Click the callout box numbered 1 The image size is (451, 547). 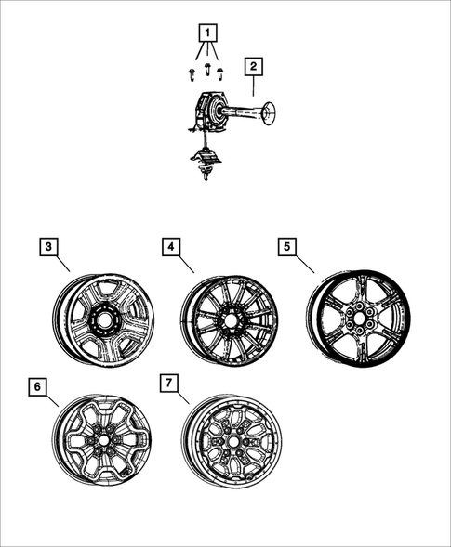tap(209, 33)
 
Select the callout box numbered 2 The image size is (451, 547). tap(252, 67)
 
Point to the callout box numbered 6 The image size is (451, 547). tap(37, 385)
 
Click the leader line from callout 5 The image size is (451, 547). tap(307, 264)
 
